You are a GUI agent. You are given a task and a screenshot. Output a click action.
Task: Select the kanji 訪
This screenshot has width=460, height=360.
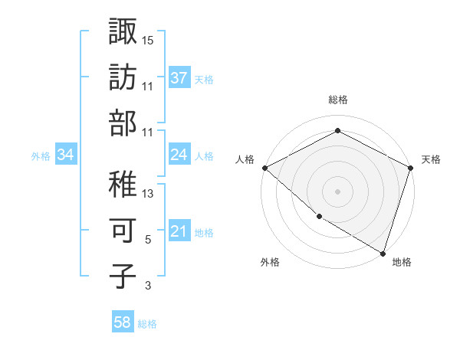(x=123, y=77)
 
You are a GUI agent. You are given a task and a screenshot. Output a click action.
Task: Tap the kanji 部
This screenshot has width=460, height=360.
(x=123, y=123)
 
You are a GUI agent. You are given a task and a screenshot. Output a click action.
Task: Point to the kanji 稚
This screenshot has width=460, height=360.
(x=123, y=184)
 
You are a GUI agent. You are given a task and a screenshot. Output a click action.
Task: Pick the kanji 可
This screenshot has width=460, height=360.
(x=123, y=230)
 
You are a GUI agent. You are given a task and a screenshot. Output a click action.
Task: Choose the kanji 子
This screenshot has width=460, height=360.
(x=123, y=276)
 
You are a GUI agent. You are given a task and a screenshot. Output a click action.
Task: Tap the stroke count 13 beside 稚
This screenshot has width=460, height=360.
(x=148, y=194)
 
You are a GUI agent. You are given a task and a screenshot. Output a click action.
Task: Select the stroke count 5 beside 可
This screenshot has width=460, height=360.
(x=148, y=240)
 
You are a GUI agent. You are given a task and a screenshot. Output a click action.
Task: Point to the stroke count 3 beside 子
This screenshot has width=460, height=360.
(x=148, y=286)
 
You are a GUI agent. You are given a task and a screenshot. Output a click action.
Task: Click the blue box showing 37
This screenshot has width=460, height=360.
(x=179, y=77)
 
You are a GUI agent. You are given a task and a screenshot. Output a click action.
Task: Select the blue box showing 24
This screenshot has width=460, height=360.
(x=179, y=155)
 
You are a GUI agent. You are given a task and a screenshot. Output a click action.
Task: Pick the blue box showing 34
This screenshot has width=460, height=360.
(x=65, y=155)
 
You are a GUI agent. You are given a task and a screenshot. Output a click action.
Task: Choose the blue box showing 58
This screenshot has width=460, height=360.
(x=122, y=323)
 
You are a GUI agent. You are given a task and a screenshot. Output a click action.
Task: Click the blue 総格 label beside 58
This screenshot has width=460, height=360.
(x=147, y=324)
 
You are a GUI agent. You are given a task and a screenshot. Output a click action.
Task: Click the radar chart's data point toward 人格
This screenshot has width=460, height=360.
(x=264, y=168)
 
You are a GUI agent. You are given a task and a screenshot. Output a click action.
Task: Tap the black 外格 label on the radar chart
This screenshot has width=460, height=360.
(x=270, y=262)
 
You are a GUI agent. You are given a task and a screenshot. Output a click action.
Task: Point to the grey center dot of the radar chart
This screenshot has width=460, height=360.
(x=337, y=191)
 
